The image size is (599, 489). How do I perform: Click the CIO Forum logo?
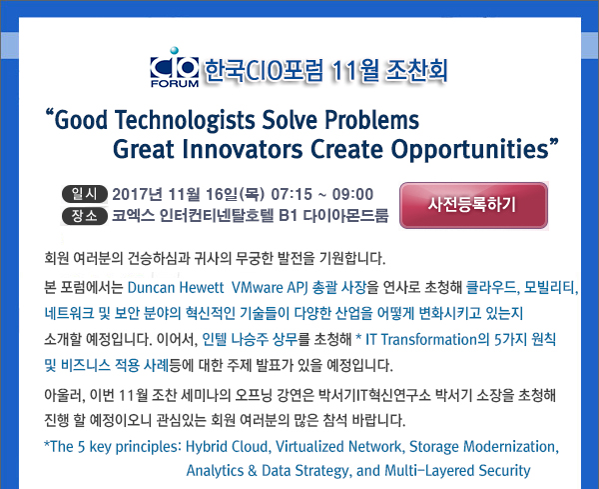(175, 68)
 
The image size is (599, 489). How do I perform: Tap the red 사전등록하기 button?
(473, 205)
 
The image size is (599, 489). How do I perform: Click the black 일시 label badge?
(85, 194)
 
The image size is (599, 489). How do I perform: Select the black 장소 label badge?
(85, 216)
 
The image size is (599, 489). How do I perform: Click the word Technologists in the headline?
(185, 120)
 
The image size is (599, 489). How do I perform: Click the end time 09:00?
(352, 194)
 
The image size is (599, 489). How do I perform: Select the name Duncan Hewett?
(176, 287)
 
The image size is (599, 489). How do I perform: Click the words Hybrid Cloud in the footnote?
(228, 447)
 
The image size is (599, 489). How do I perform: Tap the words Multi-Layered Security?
(457, 471)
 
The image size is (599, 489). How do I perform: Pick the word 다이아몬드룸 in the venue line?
(345, 216)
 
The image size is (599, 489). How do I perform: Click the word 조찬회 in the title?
(416, 71)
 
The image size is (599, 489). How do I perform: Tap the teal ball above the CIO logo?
(174, 51)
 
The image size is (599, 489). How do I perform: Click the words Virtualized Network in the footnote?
(338, 447)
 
